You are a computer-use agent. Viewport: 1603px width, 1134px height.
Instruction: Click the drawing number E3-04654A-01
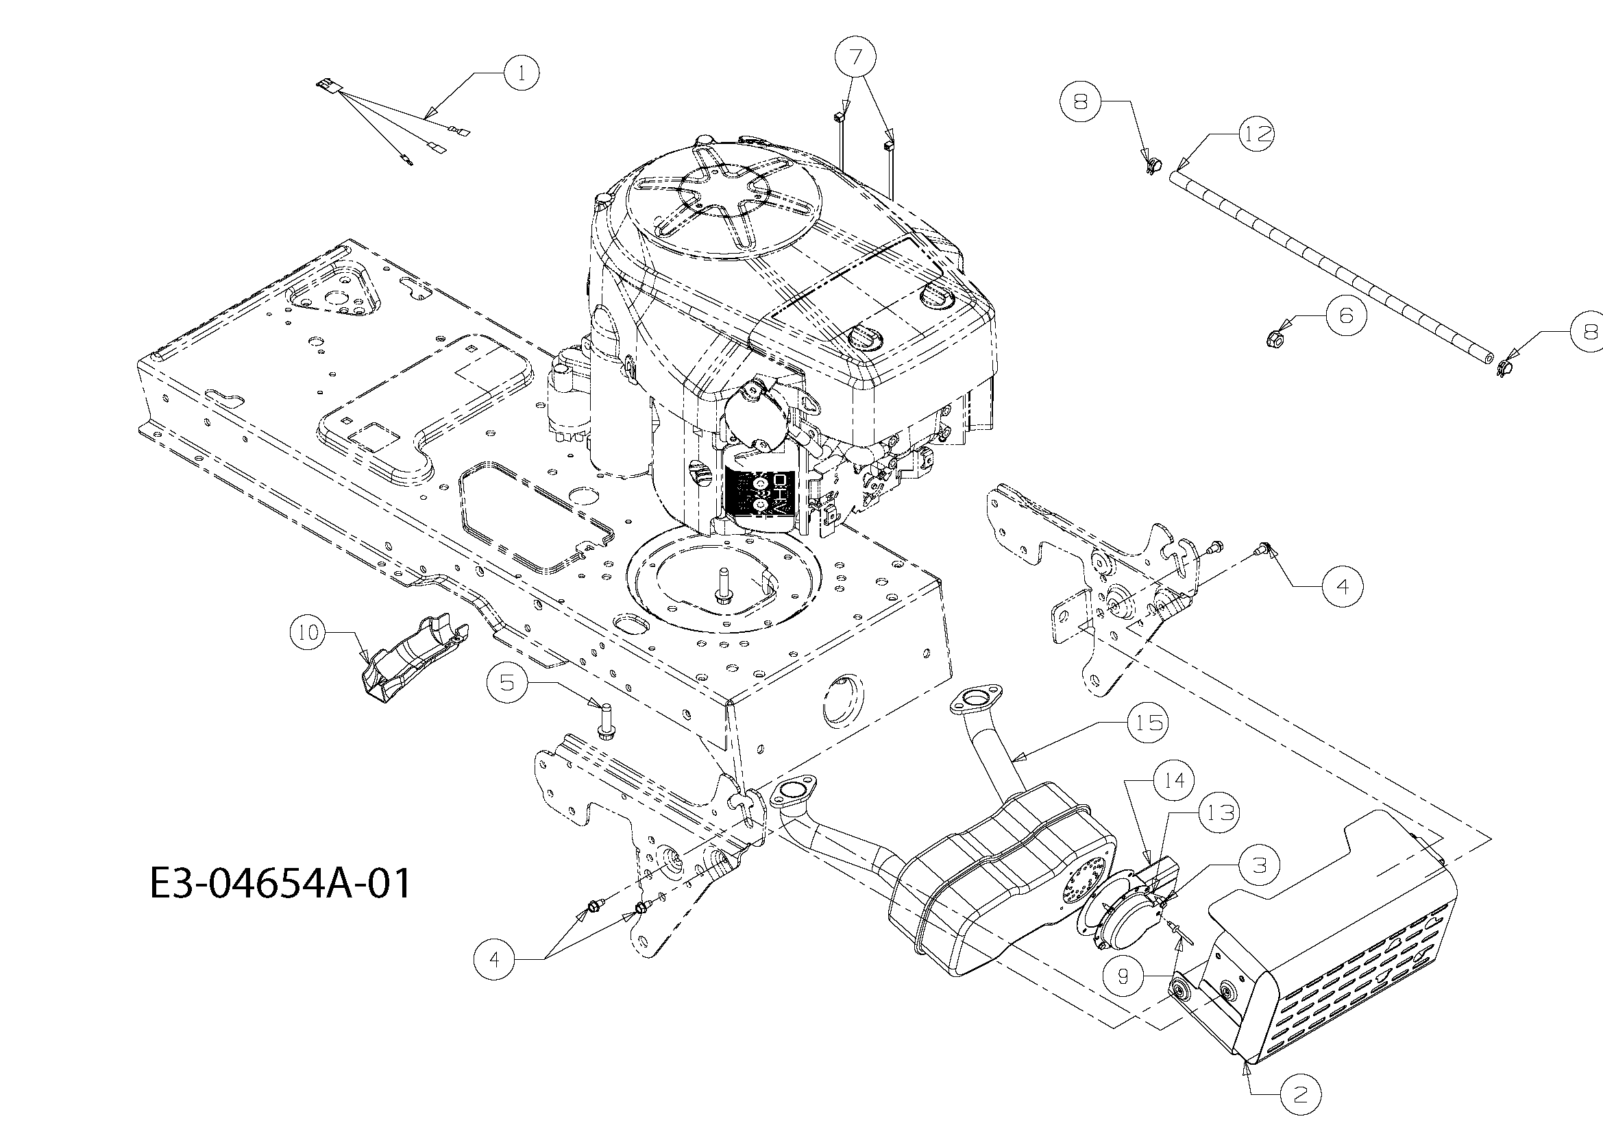click(x=281, y=883)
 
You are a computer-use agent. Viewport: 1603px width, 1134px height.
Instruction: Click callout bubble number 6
click(x=1345, y=315)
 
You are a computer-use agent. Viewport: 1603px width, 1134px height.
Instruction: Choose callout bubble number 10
click(x=308, y=633)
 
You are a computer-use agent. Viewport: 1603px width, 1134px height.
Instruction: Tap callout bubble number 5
click(x=508, y=681)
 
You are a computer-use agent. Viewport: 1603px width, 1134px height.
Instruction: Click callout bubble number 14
click(x=1173, y=780)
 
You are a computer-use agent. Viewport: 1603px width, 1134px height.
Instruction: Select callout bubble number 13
click(x=1219, y=813)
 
